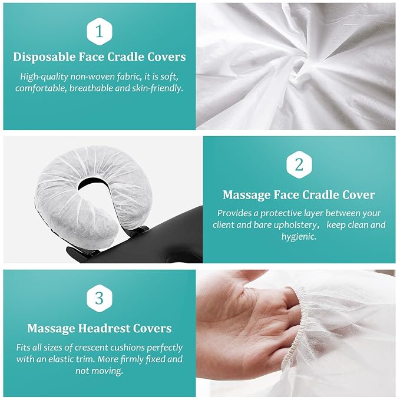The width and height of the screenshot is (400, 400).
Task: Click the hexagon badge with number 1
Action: (99, 31)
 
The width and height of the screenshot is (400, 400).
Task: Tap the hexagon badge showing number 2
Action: (299, 164)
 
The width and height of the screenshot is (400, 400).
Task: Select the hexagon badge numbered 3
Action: (99, 298)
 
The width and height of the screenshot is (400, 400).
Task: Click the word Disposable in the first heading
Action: (44, 57)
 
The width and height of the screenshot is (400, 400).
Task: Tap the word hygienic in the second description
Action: (299, 236)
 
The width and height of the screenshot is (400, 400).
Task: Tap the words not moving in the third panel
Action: (99, 371)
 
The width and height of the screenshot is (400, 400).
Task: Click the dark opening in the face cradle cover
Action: (94, 184)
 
